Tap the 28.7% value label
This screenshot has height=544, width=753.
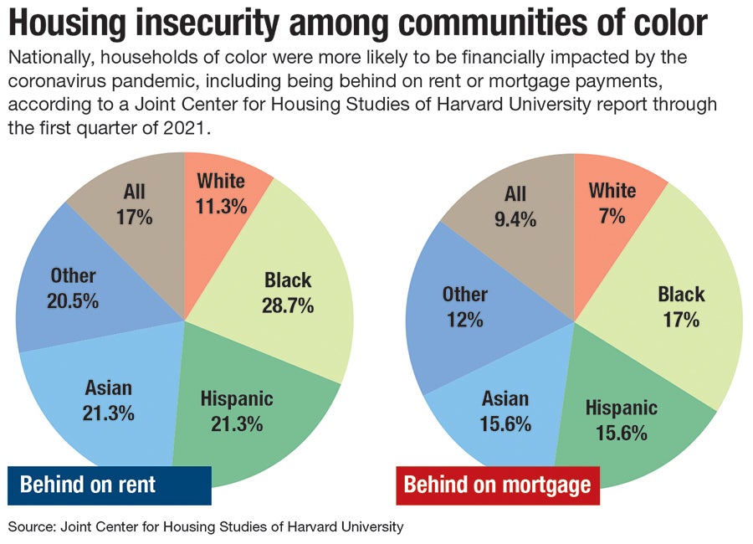289,305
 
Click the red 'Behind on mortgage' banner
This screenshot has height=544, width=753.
497,485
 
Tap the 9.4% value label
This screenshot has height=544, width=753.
515,220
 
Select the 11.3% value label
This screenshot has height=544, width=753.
221,207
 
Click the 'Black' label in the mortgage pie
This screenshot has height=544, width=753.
681,294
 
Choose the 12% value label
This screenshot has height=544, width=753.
464,321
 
